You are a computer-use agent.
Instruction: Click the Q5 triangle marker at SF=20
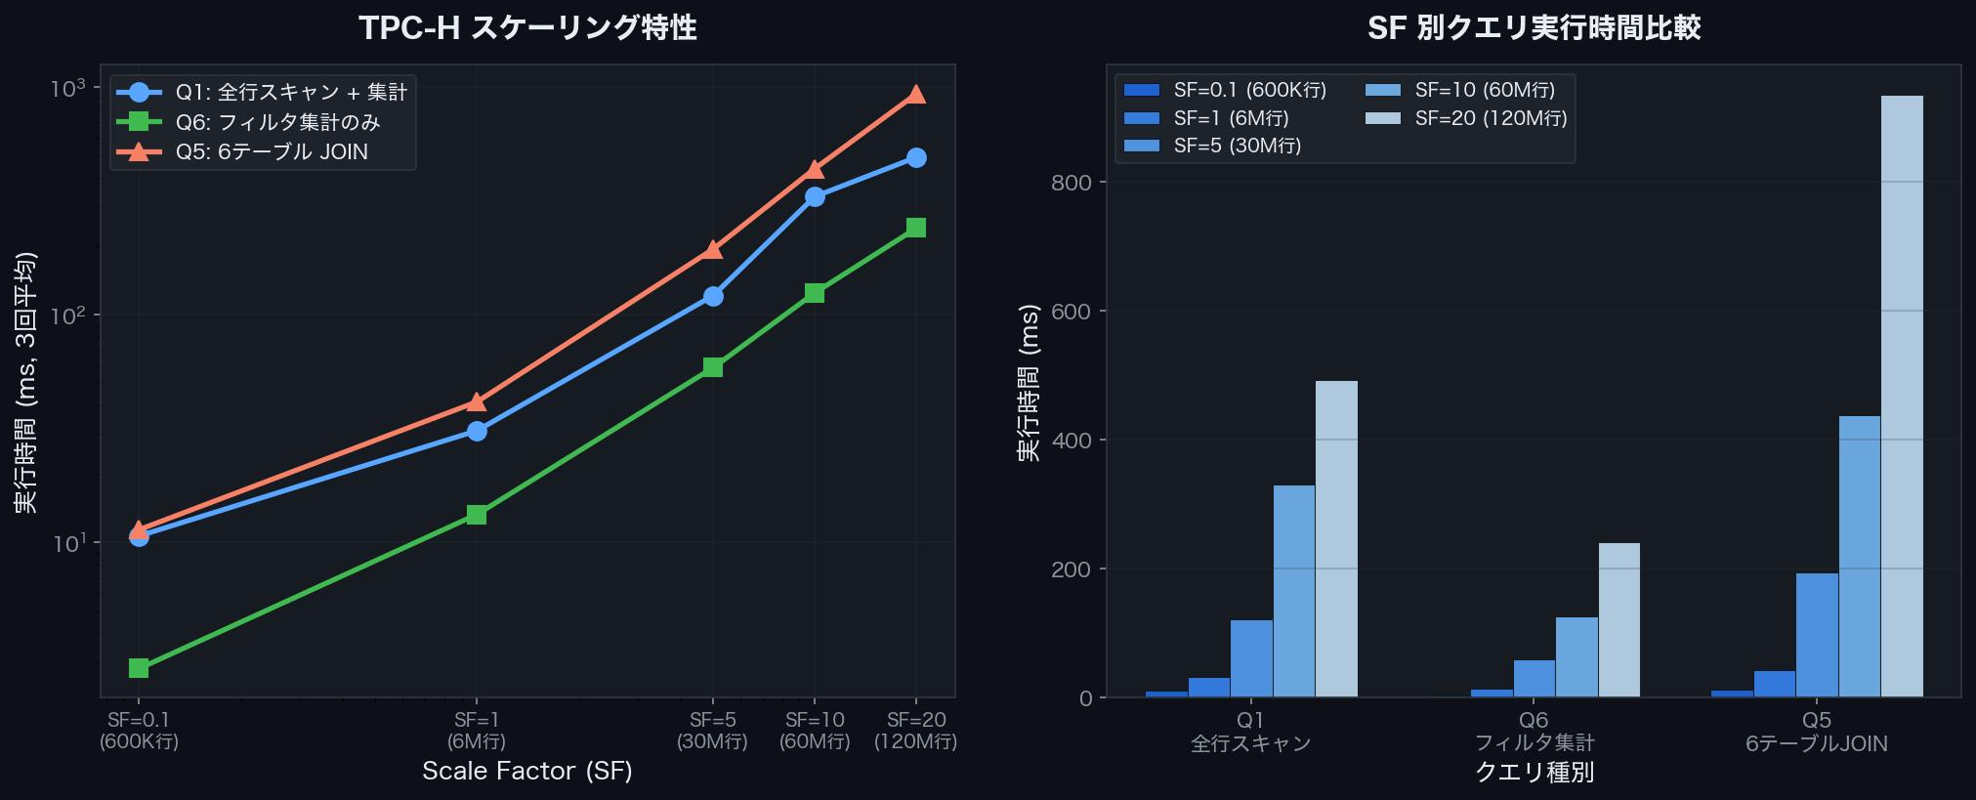click(x=916, y=94)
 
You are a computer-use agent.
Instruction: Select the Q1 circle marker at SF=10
click(x=815, y=197)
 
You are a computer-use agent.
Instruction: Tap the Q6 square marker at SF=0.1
click(x=139, y=668)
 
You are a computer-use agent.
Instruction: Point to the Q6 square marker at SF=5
click(x=713, y=367)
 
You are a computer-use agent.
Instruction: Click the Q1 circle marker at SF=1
click(x=477, y=431)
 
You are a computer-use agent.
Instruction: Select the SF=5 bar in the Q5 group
click(x=1817, y=635)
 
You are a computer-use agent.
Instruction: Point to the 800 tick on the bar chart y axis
click(x=1072, y=183)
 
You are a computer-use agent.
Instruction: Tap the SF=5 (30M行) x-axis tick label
click(x=713, y=731)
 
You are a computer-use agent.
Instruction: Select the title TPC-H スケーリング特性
click(x=527, y=27)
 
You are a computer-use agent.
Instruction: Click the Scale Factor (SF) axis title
click(x=527, y=771)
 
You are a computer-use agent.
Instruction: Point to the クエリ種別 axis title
click(x=1534, y=773)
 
